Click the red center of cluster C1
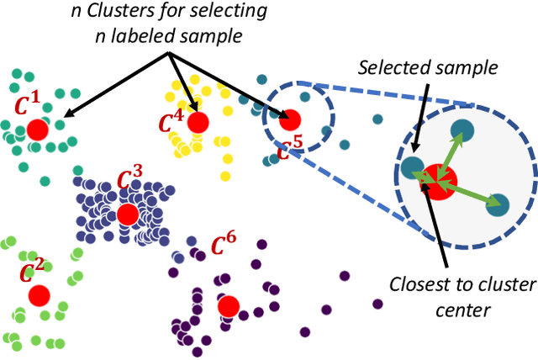37,130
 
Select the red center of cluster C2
38,295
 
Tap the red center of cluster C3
128,214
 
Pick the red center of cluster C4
198,123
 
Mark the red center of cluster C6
227,306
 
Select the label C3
129,179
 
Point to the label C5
290,150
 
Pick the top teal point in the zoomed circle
462,130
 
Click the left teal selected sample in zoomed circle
411,167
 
